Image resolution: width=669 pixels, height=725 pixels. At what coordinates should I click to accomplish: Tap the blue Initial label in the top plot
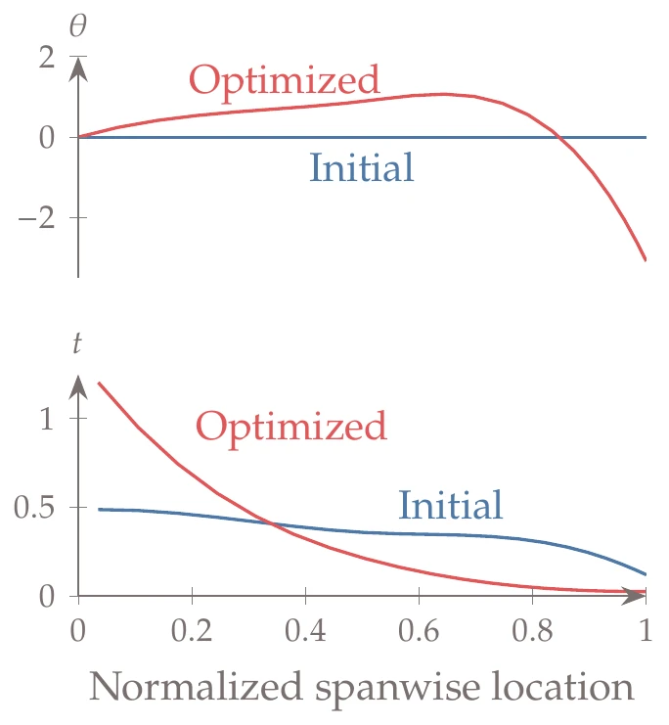pos(362,167)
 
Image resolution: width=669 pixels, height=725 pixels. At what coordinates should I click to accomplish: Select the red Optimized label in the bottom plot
pos(291,429)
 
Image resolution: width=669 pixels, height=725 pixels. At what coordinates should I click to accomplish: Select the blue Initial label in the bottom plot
pos(451,505)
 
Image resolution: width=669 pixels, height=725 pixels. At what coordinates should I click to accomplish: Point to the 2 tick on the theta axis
pos(45,58)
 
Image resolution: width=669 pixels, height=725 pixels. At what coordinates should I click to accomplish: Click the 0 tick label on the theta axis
pos(45,138)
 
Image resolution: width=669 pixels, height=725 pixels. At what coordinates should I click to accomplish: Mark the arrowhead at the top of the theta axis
pos(78,69)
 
